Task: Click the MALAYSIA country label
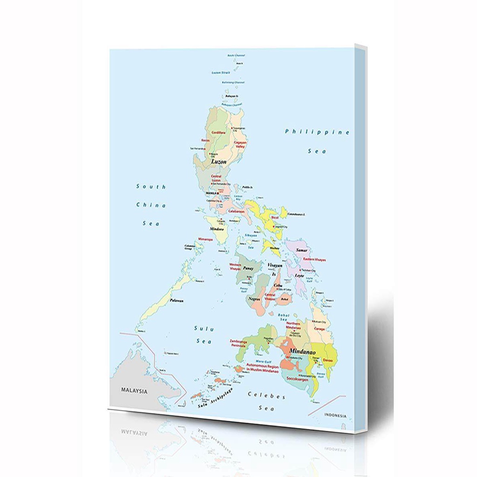pos(134,391)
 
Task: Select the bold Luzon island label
pos(218,162)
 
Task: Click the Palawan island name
pos(177,300)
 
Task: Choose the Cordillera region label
pos(218,133)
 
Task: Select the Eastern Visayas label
pos(314,259)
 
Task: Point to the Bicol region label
pos(275,217)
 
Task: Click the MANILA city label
pos(211,192)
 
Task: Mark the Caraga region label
pos(319,328)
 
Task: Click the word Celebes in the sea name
pos(266,396)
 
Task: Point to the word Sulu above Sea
pos(204,329)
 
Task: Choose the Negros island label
pos(254,298)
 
